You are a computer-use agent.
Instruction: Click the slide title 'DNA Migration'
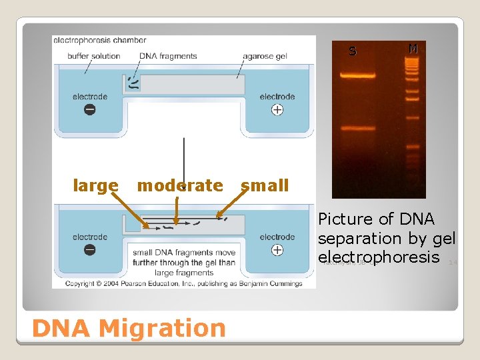tap(128, 328)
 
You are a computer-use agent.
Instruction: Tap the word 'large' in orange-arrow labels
tap(95, 185)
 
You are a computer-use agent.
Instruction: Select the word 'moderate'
tap(179, 185)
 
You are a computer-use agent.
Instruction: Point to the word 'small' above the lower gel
tap(265, 185)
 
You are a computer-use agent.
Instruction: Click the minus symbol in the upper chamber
tap(89, 109)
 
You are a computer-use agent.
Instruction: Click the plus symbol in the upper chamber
tap(277, 109)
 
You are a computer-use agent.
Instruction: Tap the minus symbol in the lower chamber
tap(89, 250)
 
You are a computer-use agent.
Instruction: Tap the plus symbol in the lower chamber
tap(277, 250)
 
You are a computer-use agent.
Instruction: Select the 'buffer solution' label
tap(93, 56)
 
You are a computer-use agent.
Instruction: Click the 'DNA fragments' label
tap(168, 56)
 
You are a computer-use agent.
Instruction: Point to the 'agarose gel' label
tap(265, 56)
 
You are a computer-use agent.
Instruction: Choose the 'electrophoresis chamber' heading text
tap(99, 41)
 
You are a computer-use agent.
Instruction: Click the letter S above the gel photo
tap(353, 51)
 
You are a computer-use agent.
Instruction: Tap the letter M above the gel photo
tap(413, 49)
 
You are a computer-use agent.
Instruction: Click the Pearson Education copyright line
tap(183, 283)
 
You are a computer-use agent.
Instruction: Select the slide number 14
tap(453, 262)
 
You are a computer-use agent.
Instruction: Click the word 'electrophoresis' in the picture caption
tap(379, 257)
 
